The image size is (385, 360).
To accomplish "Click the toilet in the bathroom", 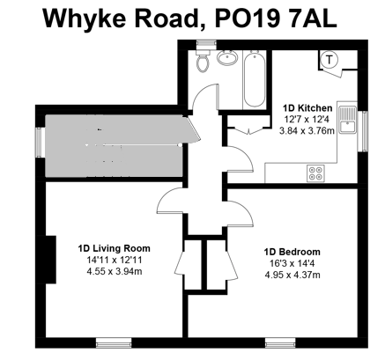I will pyautogui.click(x=203, y=62).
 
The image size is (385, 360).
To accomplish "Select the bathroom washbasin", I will pyautogui.click(x=227, y=60).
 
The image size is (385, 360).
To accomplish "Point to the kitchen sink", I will pyautogui.click(x=350, y=121).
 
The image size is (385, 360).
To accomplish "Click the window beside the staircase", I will pyautogui.click(x=39, y=141).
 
